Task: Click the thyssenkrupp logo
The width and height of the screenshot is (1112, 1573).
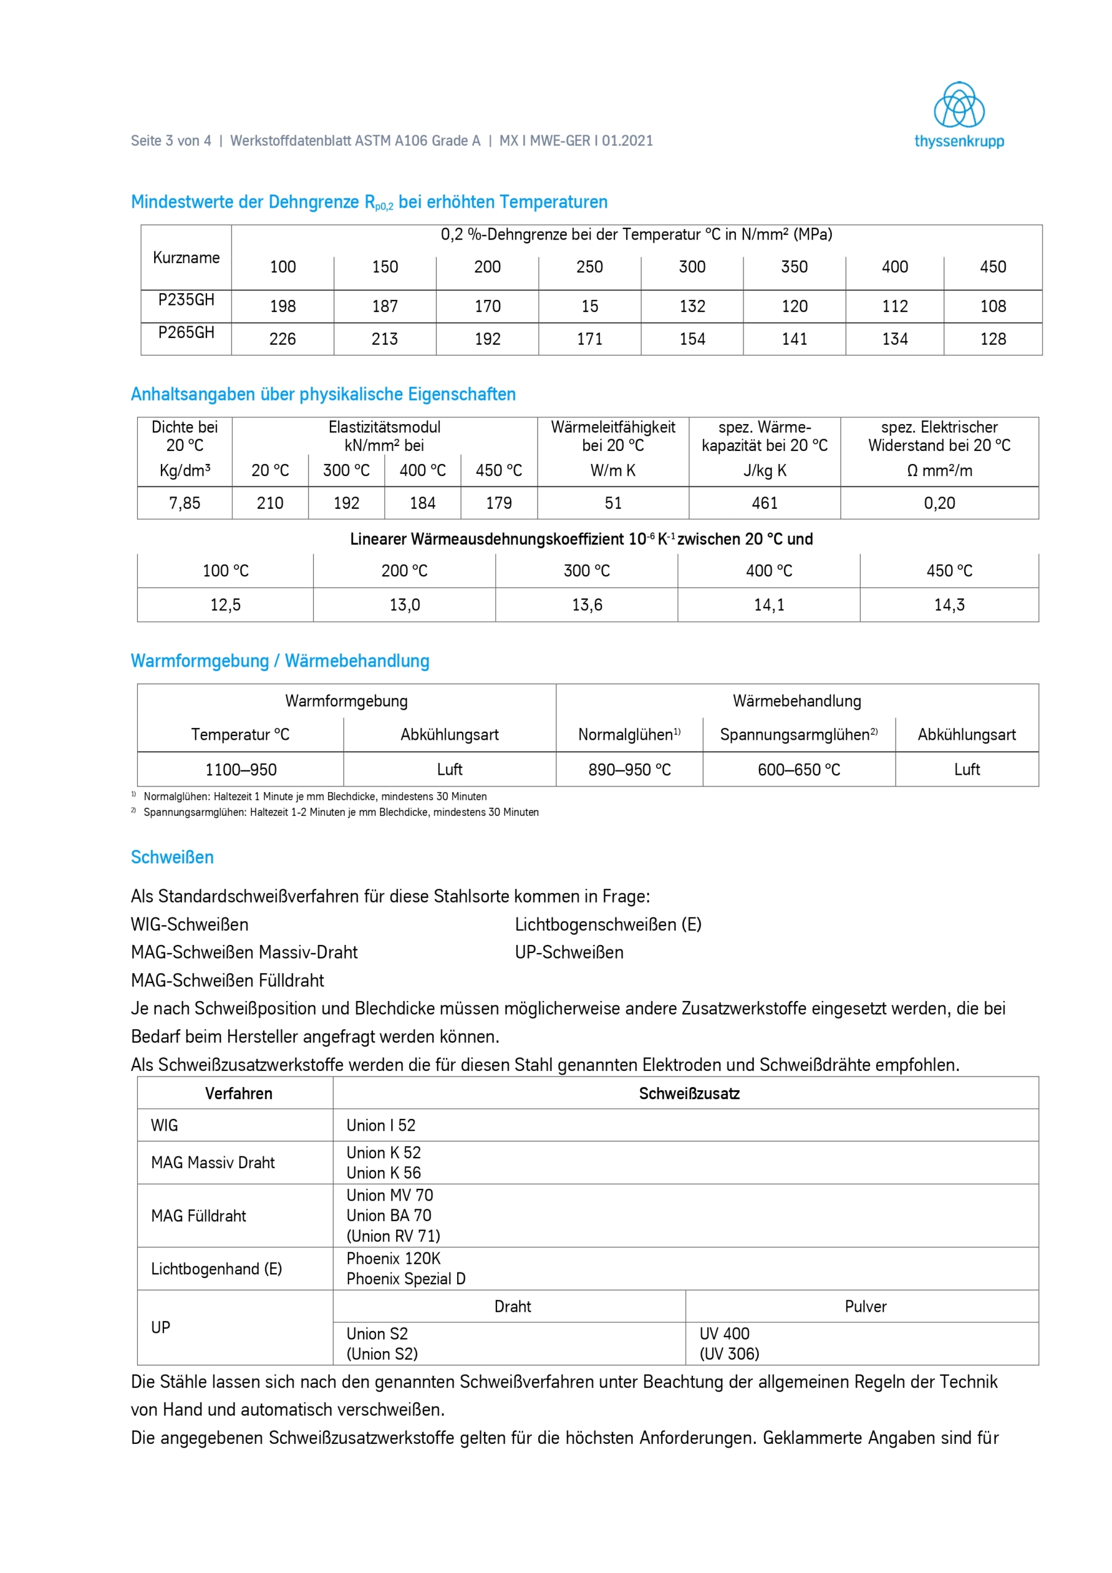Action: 958,115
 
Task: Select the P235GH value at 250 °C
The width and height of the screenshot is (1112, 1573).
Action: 589,306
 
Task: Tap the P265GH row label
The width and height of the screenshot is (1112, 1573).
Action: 186,333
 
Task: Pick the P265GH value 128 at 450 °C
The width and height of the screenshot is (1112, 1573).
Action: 993,339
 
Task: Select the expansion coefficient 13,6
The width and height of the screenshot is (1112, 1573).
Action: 587,605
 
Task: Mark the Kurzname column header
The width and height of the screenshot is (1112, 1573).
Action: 186,257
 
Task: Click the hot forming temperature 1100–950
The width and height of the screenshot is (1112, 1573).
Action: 240,769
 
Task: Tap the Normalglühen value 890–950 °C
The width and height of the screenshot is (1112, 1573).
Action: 629,769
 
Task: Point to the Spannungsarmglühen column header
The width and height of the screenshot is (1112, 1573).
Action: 798,734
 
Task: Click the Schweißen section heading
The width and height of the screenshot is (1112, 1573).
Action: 172,857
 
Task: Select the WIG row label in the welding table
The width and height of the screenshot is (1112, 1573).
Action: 165,1125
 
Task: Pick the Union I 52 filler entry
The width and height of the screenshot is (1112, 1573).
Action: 381,1125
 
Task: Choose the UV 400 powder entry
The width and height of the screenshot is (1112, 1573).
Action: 724,1333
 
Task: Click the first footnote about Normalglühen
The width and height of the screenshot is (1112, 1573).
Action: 315,796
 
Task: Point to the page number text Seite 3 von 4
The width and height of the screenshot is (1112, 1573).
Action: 171,141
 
